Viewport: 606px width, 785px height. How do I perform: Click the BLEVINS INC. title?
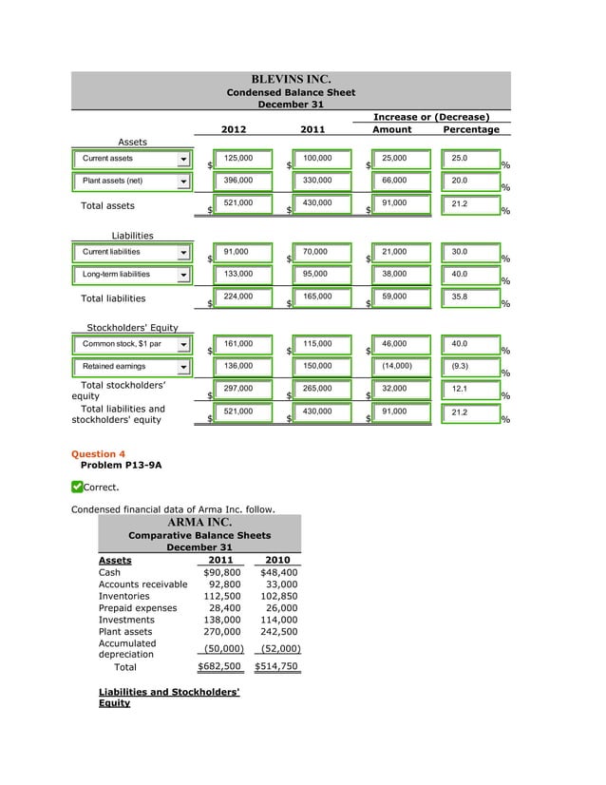click(291, 79)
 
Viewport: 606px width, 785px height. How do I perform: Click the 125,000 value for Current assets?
click(242, 158)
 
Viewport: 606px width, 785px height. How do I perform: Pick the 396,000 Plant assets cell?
click(242, 180)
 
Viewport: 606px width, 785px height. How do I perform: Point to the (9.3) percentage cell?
click(469, 366)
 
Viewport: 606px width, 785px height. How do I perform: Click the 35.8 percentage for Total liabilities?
click(469, 297)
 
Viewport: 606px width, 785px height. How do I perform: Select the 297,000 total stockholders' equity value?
click(242, 389)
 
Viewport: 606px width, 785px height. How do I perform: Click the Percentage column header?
click(471, 129)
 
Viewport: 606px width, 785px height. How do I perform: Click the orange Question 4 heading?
click(99, 454)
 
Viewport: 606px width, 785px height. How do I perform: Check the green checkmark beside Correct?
click(77, 488)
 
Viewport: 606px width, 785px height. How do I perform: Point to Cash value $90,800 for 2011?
click(222, 573)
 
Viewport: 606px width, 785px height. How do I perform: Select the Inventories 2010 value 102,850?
click(279, 597)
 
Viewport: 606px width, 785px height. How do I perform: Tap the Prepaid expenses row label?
click(138, 608)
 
